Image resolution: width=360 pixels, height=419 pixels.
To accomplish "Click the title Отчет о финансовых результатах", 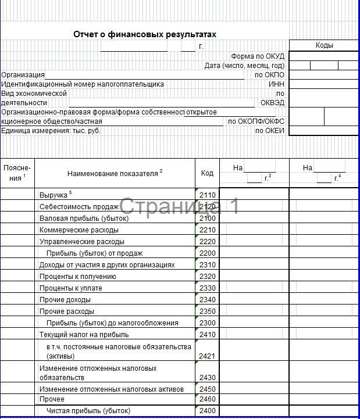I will point(145,34).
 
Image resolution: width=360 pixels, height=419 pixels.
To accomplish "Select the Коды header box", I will point(324,45).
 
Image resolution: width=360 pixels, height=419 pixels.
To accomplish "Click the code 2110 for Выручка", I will point(208,195).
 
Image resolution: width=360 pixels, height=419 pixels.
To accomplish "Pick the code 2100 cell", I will point(208,219).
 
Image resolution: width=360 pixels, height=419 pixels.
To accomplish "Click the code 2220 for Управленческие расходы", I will point(208,242).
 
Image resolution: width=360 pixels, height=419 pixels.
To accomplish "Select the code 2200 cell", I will point(208,253).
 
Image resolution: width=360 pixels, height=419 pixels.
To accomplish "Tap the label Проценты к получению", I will point(77,277).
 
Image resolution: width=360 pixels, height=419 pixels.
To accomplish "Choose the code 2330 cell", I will point(208,288).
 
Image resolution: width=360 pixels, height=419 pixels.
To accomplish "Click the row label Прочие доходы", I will point(65,300).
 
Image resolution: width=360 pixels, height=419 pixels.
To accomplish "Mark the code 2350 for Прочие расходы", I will point(208,311).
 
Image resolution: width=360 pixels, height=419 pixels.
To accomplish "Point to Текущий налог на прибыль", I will point(84,335).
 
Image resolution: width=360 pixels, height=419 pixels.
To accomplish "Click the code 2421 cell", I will point(208,356).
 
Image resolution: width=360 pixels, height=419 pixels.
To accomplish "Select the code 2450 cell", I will point(208,389).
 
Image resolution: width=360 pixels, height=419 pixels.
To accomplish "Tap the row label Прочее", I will point(52,400).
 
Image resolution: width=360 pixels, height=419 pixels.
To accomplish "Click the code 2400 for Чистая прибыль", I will point(208,411).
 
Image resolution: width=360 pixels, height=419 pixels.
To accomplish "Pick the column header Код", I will point(208,173).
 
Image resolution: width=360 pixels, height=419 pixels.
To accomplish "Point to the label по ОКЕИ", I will point(270,131).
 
